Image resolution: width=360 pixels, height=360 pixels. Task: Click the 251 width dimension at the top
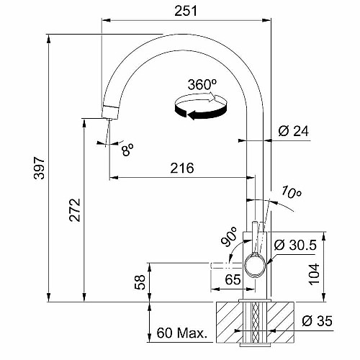coord(186,11)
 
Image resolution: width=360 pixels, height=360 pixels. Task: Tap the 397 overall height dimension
coord(39,168)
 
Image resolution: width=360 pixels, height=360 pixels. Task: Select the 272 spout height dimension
coord(75,210)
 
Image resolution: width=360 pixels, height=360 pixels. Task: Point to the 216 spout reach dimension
coord(182,168)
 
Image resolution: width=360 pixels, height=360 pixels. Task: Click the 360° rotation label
coord(202,84)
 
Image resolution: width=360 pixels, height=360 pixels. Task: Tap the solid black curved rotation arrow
coord(201,112)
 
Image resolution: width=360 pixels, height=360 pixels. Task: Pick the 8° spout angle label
coord(127,150)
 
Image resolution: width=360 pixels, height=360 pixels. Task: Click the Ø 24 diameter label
coord(294,131)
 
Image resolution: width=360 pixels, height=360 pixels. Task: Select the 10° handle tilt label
coord(291,192)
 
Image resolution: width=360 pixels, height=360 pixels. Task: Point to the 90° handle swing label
coord(229,237)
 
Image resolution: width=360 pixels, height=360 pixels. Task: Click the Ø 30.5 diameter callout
coord(295,245)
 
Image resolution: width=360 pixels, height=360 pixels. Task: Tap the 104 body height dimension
coord(314,274)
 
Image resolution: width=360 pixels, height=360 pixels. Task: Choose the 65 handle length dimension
coord(233,279)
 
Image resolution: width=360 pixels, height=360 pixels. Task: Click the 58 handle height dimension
coord(140,282)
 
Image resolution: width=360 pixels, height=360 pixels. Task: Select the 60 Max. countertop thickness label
coord(182,333)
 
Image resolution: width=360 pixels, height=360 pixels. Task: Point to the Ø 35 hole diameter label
coord(317,321)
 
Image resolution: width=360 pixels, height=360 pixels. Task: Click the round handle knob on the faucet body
coord(255,265)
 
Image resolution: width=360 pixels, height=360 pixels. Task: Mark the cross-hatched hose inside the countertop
coord(256,322)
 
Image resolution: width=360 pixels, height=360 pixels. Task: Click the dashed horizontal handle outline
coord(226,266)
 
